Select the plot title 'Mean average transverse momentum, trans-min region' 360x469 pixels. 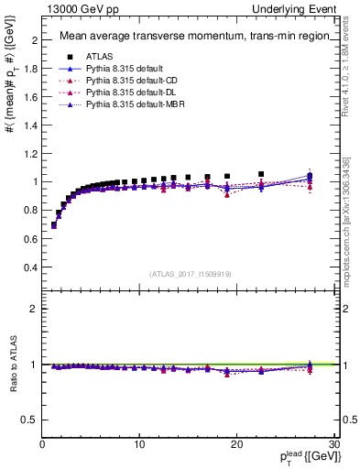(188, 37)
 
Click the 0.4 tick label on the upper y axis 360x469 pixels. (31, 267)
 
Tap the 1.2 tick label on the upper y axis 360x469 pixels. (31, 154)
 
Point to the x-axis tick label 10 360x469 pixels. (139, 444)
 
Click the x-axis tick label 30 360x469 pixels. (334, 444)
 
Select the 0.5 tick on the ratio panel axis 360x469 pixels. (31, 420)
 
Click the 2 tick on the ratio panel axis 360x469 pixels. (36, 309)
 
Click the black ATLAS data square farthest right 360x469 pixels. (310, 175)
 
